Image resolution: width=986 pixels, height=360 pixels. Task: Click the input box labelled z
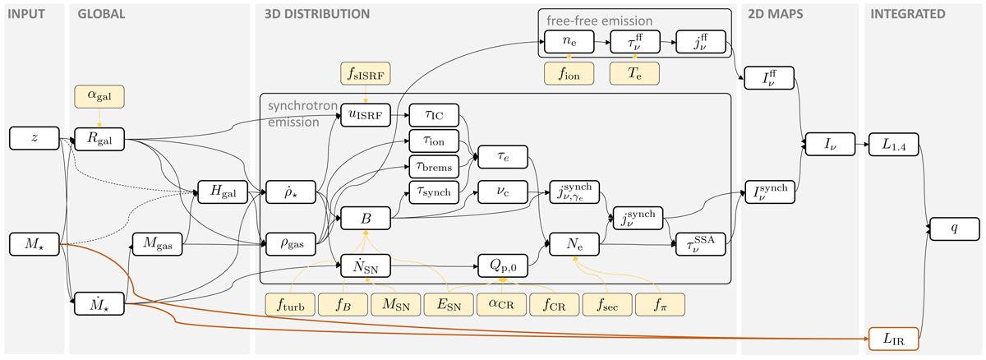coord(34,139)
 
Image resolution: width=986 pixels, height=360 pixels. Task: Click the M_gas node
coord(158,244)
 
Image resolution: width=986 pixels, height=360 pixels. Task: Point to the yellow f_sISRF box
coord(363,73)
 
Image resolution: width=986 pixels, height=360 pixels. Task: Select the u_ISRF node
coord(364,117)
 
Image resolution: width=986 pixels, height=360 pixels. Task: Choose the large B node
coord(364,219)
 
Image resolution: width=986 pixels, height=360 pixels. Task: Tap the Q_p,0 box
coord(501,266)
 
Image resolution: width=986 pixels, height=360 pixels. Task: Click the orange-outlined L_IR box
coord(894,337)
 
